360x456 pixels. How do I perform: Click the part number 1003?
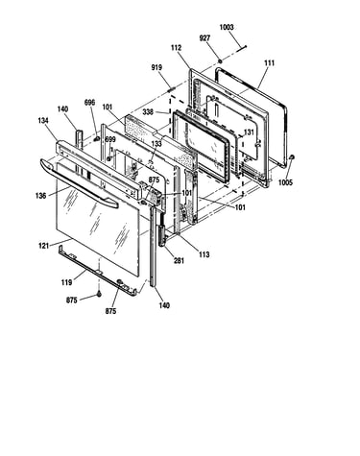[x=227, y=27]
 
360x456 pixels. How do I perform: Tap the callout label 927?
[x=204, y=38]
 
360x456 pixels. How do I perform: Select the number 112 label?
[x=176, y=48]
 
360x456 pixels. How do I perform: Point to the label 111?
[x=269, y=63]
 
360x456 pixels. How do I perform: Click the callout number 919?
[x=156, y=67]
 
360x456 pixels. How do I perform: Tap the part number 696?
[x=89, y=103]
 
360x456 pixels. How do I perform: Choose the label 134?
[x=43, y=121]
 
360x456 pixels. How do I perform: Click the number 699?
[x=110, y=139]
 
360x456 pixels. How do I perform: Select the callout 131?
[x=249, y=132]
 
